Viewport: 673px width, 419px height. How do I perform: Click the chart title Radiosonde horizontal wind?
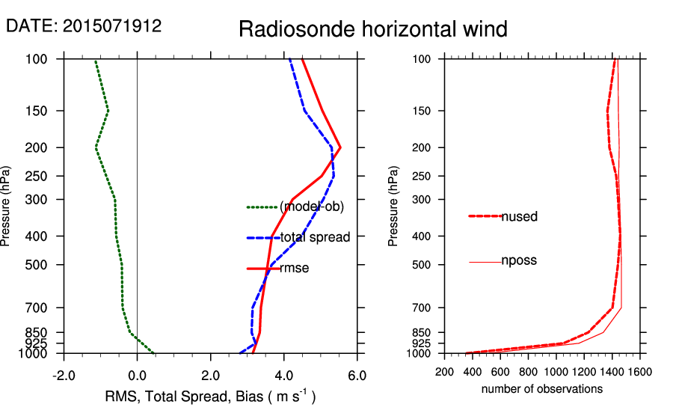pos(373,29)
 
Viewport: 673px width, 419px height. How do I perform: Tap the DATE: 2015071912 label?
pos(84,25)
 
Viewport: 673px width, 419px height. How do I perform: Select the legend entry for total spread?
pos(315,238)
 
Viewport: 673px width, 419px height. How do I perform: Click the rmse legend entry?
pos(294,268)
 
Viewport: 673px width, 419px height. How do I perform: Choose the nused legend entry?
pos(519,216)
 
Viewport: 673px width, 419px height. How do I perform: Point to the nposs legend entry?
pos(518,261)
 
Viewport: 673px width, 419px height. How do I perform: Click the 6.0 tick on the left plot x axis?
pos(357,375)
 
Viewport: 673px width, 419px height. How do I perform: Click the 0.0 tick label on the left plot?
pos(137,375)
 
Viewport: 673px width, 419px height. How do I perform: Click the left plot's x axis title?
pos(209,397)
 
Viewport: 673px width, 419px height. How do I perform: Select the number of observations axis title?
pos(542,389)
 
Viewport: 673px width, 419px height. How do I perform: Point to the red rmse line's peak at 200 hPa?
pos(340,147)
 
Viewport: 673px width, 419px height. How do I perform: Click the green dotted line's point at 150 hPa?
pos(108,111)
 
